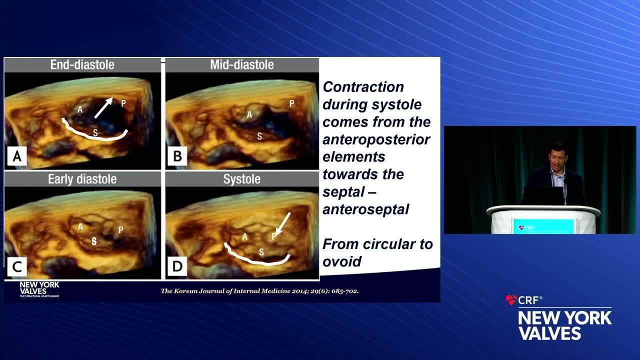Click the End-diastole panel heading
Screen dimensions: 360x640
coord(82,64)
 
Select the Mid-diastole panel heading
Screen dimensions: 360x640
coord(241,64)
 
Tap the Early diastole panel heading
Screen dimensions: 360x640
coord(82,179)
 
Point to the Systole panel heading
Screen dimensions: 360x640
coord(241,179)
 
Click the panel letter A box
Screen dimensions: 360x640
coord(17,157)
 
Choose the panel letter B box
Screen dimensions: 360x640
coord(177,157)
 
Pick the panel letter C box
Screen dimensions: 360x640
coord(17,267)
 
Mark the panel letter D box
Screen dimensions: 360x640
coord(177,267)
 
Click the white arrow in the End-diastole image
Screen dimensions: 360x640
coord(103,107)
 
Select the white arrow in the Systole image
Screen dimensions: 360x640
coord(282,223)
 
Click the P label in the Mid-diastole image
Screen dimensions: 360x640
coord(291,104)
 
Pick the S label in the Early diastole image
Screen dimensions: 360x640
coord(94,241)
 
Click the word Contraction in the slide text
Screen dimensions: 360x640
coord(363,86)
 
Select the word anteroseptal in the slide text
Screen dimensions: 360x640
coord(365,209)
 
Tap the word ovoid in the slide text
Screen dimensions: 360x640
coord(342,261)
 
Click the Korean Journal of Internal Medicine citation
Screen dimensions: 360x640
coord(259,291)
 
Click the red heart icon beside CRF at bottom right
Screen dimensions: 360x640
coord(511,300)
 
